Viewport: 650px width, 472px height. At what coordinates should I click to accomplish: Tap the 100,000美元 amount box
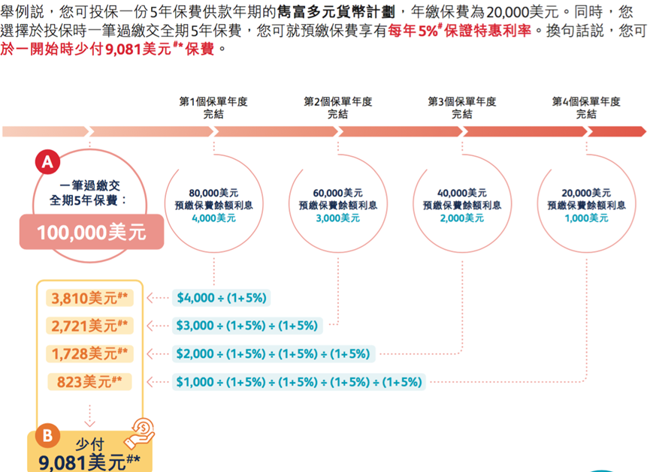(90, 233)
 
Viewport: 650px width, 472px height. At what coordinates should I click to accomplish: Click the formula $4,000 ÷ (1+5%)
(221, 298)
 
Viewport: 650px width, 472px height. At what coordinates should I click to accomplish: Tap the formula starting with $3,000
(247, 326)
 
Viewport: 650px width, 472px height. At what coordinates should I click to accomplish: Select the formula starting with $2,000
(273, 353)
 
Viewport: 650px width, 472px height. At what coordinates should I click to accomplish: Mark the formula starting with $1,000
(298, 382)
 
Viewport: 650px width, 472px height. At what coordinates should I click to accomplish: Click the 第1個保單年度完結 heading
(213, 108)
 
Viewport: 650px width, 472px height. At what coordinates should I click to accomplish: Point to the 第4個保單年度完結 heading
(586, 108)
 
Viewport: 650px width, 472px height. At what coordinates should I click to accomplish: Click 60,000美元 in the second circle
(338, 193)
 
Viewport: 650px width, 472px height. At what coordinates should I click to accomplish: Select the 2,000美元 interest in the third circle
(462, 218)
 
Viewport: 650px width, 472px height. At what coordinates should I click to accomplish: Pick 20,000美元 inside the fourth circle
(586, 193)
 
